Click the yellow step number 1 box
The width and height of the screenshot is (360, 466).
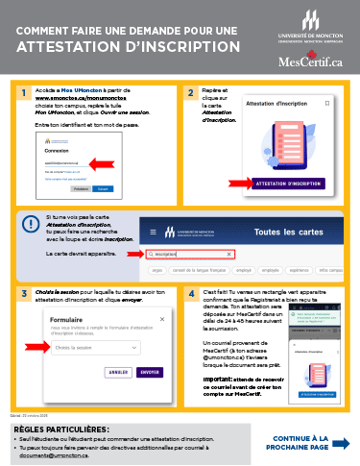tap(22, 93)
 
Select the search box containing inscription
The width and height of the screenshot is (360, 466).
tap(203, 255)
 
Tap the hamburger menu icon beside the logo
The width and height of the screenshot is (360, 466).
tap(149, 232)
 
